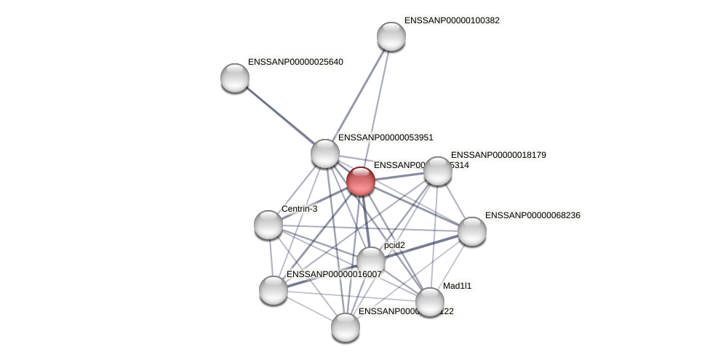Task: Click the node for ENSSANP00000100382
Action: click(391, 36)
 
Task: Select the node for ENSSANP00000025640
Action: click(234, 78)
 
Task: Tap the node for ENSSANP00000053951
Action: click(324, 153)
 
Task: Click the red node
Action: click(360, 181)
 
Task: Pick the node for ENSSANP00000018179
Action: click(437, 171)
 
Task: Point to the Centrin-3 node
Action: click(268, 225)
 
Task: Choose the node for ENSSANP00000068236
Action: click(471, 231)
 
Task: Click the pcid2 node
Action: click(370, 261)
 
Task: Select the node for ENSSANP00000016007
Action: click(273, 290)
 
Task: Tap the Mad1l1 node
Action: click(429, 302)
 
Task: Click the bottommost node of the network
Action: click(345, 327)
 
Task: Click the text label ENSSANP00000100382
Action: click(452, 20)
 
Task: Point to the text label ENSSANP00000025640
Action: click(295, 62)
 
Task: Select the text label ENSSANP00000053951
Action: click(386, 137)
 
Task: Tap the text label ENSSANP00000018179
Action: click(498, 155)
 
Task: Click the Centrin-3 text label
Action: click(299, 209)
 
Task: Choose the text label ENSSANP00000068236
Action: click(532, 215)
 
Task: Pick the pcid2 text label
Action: click(394, 245)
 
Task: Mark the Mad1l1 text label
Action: click(457, 286)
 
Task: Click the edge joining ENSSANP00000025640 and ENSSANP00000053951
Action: click(279, 116)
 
